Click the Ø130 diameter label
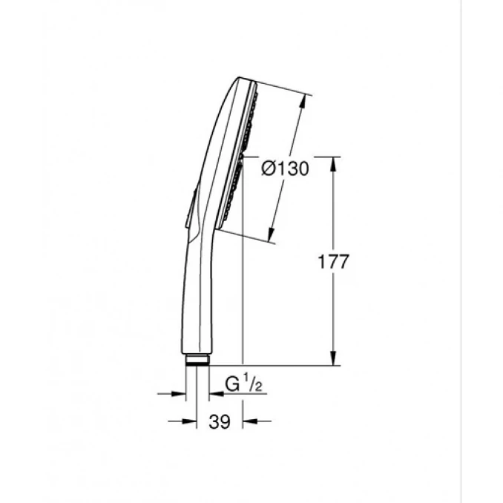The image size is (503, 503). (286, 168)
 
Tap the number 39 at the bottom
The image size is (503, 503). (220, 422)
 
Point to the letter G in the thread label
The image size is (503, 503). (232, 384)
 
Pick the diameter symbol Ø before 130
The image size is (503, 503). (269, 168)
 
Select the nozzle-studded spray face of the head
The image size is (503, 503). (246, 148)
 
